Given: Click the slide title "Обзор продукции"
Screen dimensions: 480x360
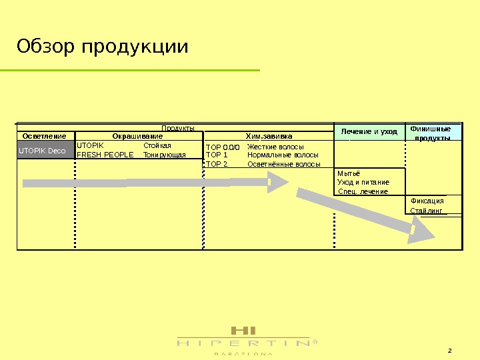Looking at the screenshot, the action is click(103, 47).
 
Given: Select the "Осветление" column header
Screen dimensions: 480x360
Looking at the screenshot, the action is click(42, 136).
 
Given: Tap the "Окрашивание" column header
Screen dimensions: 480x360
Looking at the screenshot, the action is click(137, 136).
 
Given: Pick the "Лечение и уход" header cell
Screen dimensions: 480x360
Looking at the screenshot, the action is click(369, 131).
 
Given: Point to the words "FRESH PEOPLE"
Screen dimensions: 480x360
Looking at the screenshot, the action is click(105, 155).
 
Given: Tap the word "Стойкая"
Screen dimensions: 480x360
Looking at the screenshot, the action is click(157, 145).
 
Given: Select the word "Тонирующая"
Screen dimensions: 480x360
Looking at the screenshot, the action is click(165, 155).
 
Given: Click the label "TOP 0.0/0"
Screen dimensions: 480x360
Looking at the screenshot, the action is click(222, 147).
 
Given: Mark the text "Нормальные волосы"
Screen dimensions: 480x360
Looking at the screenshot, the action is click(283, 155).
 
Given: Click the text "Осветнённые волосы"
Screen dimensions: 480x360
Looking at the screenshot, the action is click(283, 163).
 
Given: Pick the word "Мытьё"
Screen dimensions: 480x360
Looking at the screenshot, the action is click(349, 173).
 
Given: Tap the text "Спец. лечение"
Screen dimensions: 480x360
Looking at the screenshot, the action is click(363, 191).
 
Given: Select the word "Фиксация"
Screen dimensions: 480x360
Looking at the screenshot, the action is click(427, 201).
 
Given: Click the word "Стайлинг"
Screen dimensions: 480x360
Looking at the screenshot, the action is click(426, 211).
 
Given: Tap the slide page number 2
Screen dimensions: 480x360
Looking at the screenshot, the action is click(449, 351).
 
